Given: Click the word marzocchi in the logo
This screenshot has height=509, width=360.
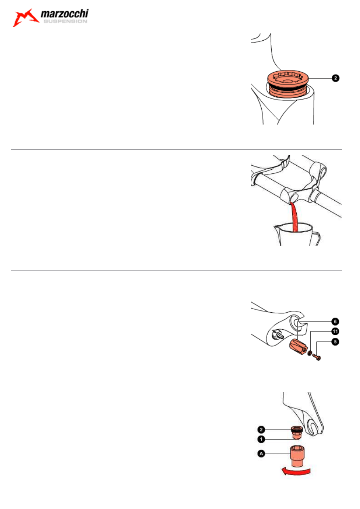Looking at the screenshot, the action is point(65,14).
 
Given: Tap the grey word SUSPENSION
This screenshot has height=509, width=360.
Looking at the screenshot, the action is point(65,21).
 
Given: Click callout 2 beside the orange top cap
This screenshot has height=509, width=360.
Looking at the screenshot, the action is point(335,78).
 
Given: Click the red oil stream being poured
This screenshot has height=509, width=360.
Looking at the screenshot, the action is point(295,217).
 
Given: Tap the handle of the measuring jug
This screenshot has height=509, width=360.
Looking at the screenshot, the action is point(316,239).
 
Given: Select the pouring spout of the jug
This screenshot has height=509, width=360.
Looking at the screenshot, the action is point(277,227).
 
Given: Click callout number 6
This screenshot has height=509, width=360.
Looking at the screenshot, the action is point(335,322).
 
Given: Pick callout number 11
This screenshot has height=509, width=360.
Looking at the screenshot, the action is point(335,331).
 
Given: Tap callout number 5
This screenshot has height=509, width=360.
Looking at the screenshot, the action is point(335,341).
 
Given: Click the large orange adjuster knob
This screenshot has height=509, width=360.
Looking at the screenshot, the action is point(298,346).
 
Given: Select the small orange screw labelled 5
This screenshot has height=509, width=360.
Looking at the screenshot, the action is point(316,357).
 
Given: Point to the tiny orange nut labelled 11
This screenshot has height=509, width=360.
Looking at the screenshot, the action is point(310,353).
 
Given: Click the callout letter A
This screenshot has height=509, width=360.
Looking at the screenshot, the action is point(261,454).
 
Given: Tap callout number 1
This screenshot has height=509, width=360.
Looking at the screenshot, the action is point(261,439).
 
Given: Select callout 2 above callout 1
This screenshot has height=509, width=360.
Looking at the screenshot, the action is point(261,430).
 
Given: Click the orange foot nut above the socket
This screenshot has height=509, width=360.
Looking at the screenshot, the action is point(296,433).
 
